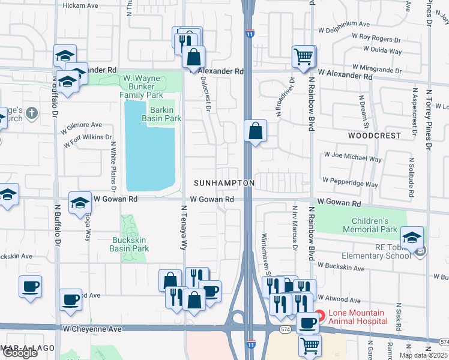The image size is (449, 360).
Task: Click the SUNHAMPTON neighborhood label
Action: coord(224,182)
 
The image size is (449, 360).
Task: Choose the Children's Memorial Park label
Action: coord(370,225)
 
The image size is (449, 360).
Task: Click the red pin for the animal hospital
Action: coord(320,314)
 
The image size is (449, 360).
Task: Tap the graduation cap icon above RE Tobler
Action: coord(412,238)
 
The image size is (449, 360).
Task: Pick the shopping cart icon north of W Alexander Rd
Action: coord(304,57)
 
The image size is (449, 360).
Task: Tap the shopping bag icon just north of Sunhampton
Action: coord(255,130)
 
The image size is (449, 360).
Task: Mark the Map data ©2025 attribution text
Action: coord(423,355)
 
